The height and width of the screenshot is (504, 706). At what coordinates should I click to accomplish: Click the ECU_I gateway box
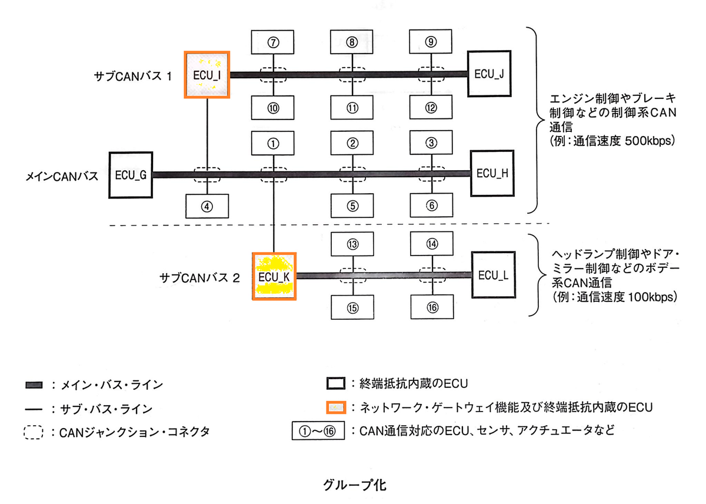tap(207, 75)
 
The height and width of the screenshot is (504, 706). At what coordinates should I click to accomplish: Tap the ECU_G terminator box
tap(131, 175)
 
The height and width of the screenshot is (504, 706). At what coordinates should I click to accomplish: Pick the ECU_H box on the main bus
tap(492, 173)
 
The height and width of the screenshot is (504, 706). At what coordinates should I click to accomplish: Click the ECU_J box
tap(489, 74)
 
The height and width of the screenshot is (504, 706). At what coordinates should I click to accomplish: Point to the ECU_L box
tap(493, 276)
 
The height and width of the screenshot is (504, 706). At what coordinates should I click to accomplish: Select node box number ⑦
tap(272, 42)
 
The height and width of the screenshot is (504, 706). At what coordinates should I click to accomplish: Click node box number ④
tap(207, 207)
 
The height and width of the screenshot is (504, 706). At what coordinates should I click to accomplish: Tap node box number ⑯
tap(432, 307)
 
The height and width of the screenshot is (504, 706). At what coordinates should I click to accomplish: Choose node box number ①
tap(272, 142)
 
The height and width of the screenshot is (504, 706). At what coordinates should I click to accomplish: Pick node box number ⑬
tap(352, 244)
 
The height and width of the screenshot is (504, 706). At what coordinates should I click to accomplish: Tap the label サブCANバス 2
tap(200, 277)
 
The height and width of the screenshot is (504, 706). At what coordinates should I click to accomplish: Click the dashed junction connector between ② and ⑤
tap(352, 174)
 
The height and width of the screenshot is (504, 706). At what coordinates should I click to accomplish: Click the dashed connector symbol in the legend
tap(35, 432)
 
